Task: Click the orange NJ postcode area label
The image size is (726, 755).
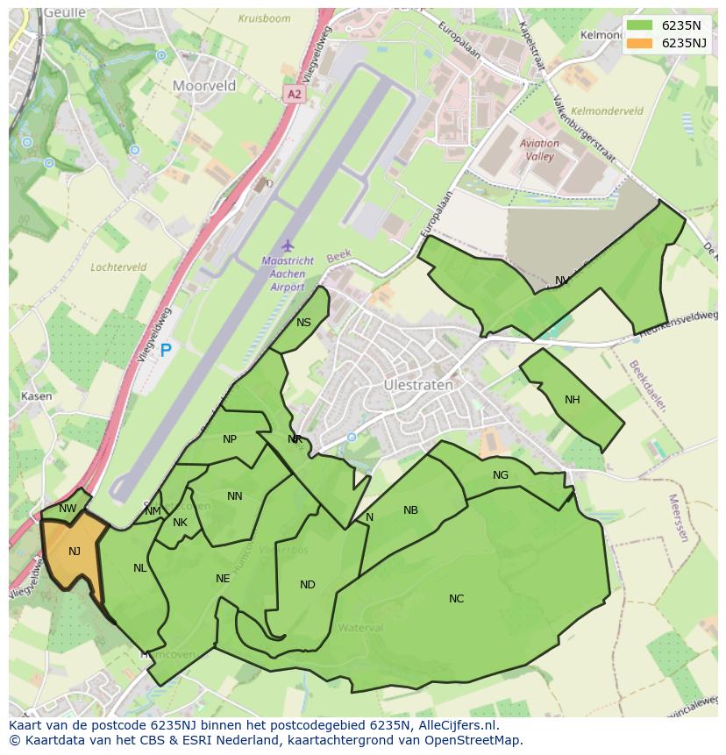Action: pos(75,552)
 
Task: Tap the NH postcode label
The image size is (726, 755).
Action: pos(573,400)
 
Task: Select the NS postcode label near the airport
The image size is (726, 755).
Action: pos(303,323)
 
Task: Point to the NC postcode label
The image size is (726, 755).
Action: pos(456,599)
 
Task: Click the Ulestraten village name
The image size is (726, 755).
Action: pos(418,385)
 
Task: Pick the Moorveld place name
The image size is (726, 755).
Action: pos(204,86)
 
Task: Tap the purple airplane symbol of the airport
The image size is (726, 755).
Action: pos(286,246)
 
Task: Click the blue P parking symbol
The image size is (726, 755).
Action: pos(166,352)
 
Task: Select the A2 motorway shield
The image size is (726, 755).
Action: pos(294,93)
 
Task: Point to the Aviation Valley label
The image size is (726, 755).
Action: pos(539,150)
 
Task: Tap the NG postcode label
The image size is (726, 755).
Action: pos(501,475)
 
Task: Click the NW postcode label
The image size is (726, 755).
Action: pos(68,509)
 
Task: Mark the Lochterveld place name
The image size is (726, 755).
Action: pos(117,267)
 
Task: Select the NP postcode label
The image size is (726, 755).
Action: pos(230,439)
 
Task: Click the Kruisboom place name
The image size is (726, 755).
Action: pos(263,18)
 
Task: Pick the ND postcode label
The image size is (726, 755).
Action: pos(307,585)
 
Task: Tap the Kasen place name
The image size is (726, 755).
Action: pos(36,396)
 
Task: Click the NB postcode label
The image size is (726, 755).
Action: pos(410,510)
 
